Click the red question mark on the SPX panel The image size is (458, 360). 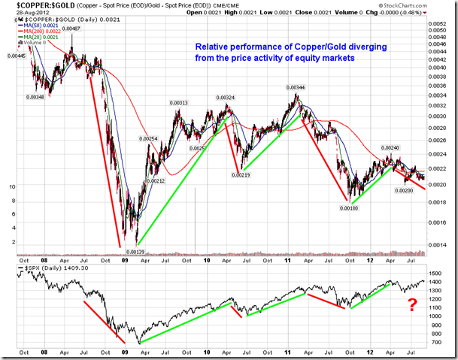[411, 304]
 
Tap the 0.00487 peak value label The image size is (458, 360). [71, 29]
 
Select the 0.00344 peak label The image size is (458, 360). [295, 87]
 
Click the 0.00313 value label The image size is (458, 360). [178, 102]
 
